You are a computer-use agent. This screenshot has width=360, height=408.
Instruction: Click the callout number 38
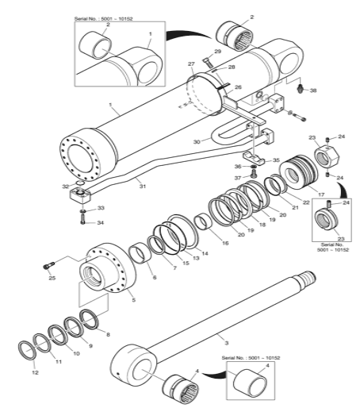point(313,90)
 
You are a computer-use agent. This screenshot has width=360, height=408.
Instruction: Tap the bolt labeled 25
point(48,265)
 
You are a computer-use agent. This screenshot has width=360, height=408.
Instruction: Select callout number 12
point(35,372)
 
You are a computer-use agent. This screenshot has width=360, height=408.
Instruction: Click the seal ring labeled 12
point(26,351)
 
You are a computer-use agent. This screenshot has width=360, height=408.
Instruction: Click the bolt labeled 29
point(207,62)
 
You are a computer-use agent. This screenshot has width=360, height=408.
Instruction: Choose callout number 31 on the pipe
point(143,187)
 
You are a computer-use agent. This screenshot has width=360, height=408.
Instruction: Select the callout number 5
point(134,300)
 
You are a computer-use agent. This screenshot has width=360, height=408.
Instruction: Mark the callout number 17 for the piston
point(321,194)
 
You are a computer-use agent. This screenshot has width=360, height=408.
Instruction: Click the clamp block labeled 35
point(254,158)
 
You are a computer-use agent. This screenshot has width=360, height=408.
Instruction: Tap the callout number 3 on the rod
point(226,343)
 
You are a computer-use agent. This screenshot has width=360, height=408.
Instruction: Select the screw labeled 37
point(254,174)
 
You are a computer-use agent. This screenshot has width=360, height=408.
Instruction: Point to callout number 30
point(197,142)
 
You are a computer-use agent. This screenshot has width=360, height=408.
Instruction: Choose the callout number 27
point(191,64)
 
